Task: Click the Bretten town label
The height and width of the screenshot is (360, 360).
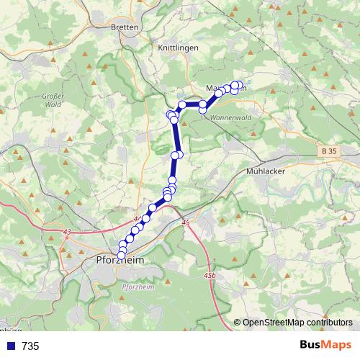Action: (x=126, y=27)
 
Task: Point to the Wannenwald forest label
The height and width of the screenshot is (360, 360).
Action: (x=230, y=118)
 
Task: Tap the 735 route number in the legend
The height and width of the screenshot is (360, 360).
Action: (x=30, y=346)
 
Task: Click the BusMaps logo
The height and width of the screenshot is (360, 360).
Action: (x=325, y=345)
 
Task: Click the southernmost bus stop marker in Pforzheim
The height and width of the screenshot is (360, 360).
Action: (x=121, y=256)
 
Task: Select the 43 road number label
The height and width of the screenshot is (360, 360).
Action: (x=67, y=231)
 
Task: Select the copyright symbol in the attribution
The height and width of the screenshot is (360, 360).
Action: (x=238, y=322)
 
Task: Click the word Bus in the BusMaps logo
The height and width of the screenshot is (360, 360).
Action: (x=310, y=345)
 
